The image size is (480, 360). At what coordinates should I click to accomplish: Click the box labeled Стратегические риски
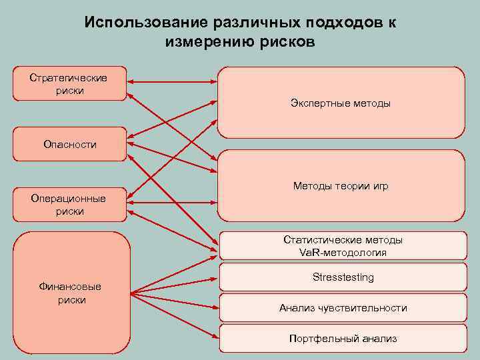pos(69,83)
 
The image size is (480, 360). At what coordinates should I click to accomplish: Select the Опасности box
pos(69,144)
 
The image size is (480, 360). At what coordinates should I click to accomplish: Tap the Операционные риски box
pos(69,204)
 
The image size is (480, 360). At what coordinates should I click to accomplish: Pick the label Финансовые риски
pos(71,293)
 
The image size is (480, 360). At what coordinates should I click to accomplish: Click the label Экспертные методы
pos(341,103)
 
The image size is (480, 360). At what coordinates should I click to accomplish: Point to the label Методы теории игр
pos(341,186)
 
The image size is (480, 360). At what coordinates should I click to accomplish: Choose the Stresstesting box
pos(343,277)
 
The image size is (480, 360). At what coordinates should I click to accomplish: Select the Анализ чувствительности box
pos(343,308)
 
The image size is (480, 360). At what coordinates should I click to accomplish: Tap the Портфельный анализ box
pos(343,339)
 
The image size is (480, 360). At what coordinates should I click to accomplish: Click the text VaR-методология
pos(343,253)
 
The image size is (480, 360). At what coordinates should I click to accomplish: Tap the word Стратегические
pos(69,77)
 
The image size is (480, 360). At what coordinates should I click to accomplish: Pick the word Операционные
pos(69,198)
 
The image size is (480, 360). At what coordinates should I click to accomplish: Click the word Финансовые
pos(71,287)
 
